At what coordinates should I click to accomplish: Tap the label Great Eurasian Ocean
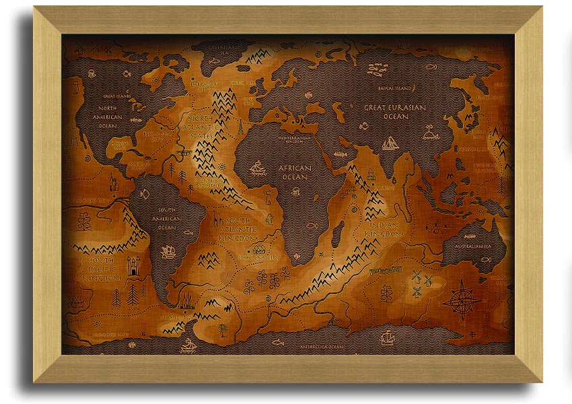(x=396, y=112)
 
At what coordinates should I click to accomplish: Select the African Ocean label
(x=295, y=172)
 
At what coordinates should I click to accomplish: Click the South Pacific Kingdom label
(x=101, y=268)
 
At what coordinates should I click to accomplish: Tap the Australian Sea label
(x=474, y=247)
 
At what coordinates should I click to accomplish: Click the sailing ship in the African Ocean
(x=258, y=168)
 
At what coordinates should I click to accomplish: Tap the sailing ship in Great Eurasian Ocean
(x=390, y=143)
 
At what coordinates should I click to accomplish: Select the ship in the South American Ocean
(x=169, y=252)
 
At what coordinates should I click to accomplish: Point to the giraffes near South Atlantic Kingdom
(x=217, y=219)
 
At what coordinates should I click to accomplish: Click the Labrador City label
(x=199, y=86)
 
